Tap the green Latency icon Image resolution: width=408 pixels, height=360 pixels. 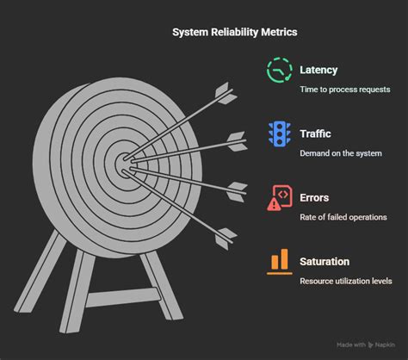[x=280, y=71]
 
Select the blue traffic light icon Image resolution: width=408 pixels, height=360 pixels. [x=280, y=133]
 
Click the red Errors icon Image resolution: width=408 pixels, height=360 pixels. [x=280, y=197]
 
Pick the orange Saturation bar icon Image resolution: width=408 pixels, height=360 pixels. [x=280, y=261]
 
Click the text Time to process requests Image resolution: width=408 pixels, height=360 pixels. [x=344, y=89]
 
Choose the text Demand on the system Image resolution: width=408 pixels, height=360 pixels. [x=341, y=153]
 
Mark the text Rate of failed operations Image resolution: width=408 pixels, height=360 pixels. [x=343, y=217]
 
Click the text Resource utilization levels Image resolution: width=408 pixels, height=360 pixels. [x=346, y=281]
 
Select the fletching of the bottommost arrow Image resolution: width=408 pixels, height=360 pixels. [x=224, y=232]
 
